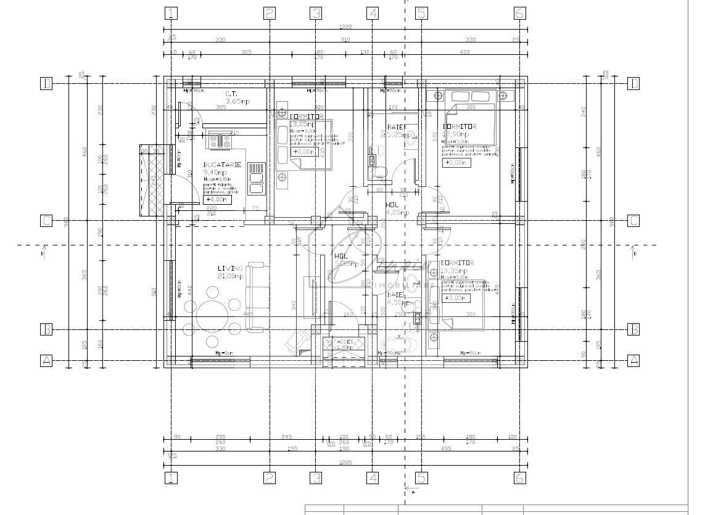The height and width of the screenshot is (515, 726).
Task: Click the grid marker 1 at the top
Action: point(171,13)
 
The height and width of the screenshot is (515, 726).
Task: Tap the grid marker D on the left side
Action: point(46,83)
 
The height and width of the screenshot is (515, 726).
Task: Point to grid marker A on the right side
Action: point(633,361)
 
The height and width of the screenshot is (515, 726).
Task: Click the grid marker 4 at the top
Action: point(373,13)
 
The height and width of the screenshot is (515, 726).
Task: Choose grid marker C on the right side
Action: point(633,221)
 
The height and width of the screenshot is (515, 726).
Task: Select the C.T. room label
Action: point(232,94)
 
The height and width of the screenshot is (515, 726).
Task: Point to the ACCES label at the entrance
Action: point(344,340)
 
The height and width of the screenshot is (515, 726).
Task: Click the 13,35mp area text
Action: point(454,270)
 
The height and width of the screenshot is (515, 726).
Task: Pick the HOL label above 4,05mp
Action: point(392,205)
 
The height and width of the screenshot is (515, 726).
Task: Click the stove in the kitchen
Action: point(220,141)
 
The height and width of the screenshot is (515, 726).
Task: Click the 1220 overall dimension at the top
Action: point(345,27)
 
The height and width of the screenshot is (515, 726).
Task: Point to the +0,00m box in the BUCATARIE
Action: point(217,199)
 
